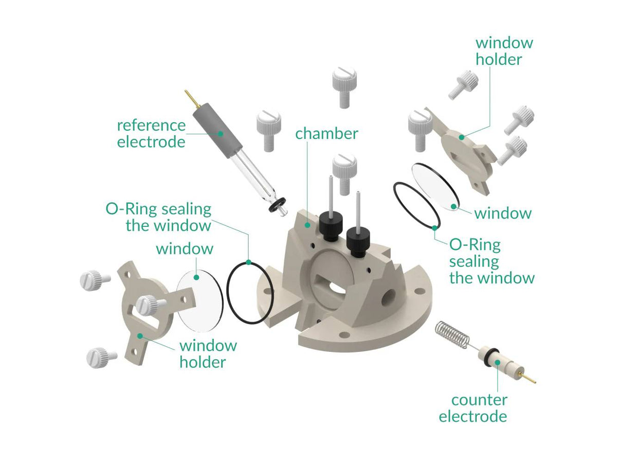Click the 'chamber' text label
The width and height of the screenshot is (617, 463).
tap(326, 134)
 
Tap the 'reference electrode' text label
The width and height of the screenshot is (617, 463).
tap(151, 133)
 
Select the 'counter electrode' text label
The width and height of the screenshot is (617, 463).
tap(473, 408)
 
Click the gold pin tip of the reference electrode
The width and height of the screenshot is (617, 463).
tap(189, 95)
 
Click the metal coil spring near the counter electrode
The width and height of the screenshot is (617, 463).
tap(453, 334)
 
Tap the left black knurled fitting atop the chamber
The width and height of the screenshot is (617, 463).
tap(331, 227)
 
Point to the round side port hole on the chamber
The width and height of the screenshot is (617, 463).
tap(389, 295)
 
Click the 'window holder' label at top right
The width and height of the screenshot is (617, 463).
tap(503, 51)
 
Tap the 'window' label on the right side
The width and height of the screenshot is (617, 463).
tap(502, 213)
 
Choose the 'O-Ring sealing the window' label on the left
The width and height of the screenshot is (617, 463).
tap(158, 217)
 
